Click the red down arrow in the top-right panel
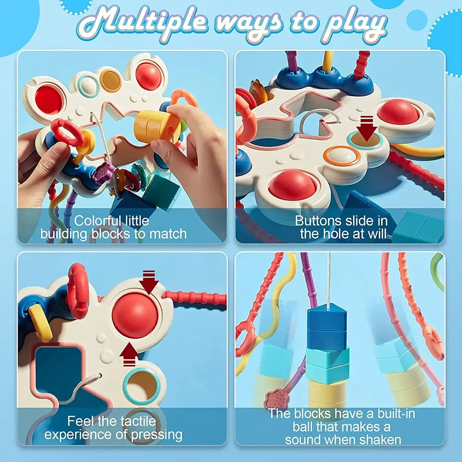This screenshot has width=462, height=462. tap(366, 128)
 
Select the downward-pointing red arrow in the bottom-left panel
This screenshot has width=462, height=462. tap(149, 282)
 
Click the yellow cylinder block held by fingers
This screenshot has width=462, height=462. tap(157, 127)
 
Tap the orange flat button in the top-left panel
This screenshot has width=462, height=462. tap(110, 81)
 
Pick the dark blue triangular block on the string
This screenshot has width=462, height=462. tap(327, 327)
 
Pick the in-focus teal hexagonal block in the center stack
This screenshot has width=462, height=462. tap(328, 365)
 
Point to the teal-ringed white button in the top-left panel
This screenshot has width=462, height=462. tap(88, 86)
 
